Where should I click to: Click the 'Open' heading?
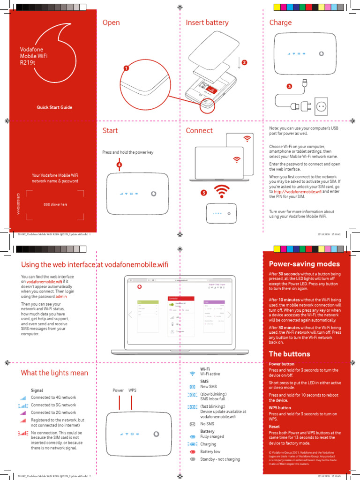click(x=111, y=22)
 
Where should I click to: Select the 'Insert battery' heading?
click(x=207, y=22)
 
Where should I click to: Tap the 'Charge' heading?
click(x=280, y=22)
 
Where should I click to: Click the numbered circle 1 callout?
click(x=126, y=68)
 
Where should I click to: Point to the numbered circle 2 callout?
click(x=244, y=62)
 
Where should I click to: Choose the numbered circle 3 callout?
click(x=289, y=86)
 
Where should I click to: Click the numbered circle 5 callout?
click(x=203, y=193)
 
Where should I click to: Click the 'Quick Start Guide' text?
click(x=55, y=107)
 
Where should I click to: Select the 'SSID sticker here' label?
click(x=55, y=204)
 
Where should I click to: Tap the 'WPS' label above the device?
click(x=132, y=390)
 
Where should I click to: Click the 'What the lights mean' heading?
click(x=54, y=373)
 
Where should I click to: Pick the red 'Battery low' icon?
click(x=192, y=452)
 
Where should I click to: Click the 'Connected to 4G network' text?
click(x=53, y=397)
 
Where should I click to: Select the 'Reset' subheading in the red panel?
click(x=274, y=427)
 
